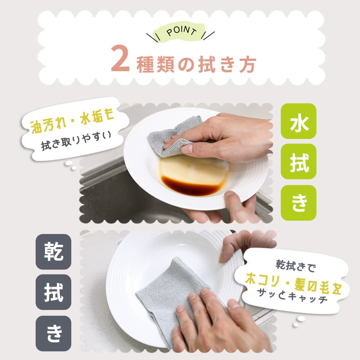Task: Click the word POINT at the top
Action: pyautogui.click(x=181, y=32)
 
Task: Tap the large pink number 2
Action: pyautogui.click(x=120, y=59)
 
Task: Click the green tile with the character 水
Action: pyautogui.click(x=298, y=121)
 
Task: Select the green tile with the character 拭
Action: pyautogui.click(x=298, y=162)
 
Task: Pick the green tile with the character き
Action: pyautogui.click(x=298, y=203)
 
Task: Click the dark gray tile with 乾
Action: pyautogui.click(x=54, y=252)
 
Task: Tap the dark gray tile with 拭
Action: pyautogui.click(x=54, y=292)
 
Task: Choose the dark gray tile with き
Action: pyautogui.click(x=54, y=333)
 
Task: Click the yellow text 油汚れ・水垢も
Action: pyautogui.click(x=72, y=121)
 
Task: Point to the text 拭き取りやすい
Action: pyautogui.click(x=76, y=140)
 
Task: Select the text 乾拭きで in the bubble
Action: pyautogui.click(x=296, y=266)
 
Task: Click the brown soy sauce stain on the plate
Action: pyautogui.click(x=190, y=186)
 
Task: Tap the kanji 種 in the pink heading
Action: pyautogui.click(x=145, y=65)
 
